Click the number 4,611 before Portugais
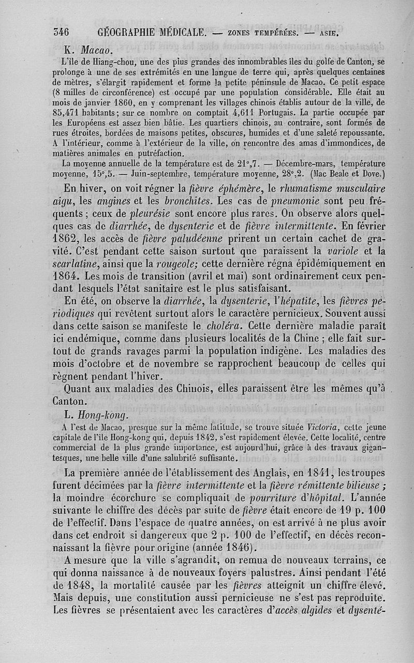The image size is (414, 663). (244, 114)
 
